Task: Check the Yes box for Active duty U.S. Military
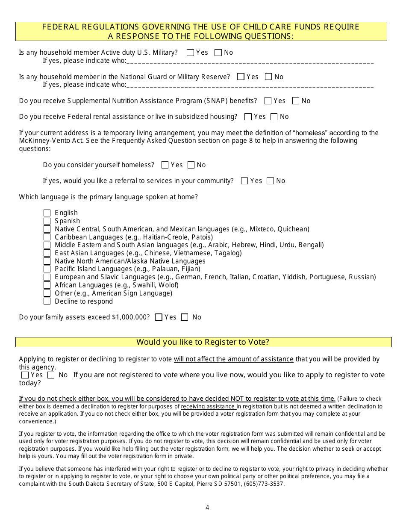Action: click(x=191, y=53)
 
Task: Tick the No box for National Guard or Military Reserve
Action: click(x=268, y=77)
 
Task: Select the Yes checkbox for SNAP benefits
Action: click(x=268, y=101)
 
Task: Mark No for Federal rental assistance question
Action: click(x=274, y=117)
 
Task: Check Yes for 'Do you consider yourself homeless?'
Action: click(x=165, y=165)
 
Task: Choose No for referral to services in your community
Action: click(x=270, y=181)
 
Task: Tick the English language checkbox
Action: click(x=47, y=213)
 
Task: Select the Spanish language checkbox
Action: click(x=47, y=221)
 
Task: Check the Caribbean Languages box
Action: click(x=47, y=237)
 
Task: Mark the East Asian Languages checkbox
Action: click(x=47, y=253)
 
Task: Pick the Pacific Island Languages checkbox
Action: click(x=47, y=269)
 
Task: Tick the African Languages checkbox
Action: click(x=47, y=285)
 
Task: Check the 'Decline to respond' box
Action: click(x=47, y=301)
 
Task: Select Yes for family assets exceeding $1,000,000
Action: click(x=159, y=317)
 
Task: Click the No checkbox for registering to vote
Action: click(x=51, y=375)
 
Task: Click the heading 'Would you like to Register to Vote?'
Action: click(x=203, y=342)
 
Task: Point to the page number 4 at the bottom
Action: click(x=207, y=508)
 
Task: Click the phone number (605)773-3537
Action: click(x=267, y=484)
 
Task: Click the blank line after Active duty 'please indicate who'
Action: click(x=250, y=62)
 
